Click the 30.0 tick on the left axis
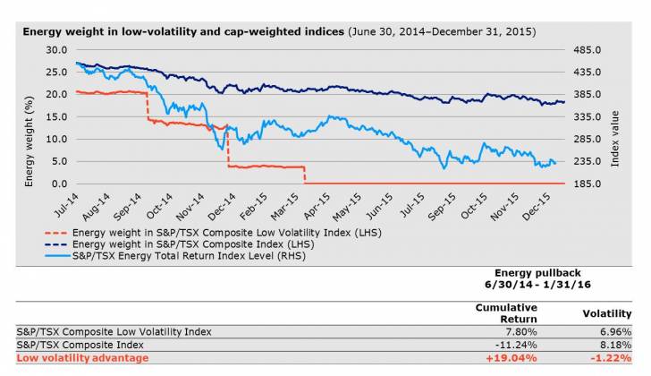tap(55, 50)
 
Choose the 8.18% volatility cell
tap(617, 344)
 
